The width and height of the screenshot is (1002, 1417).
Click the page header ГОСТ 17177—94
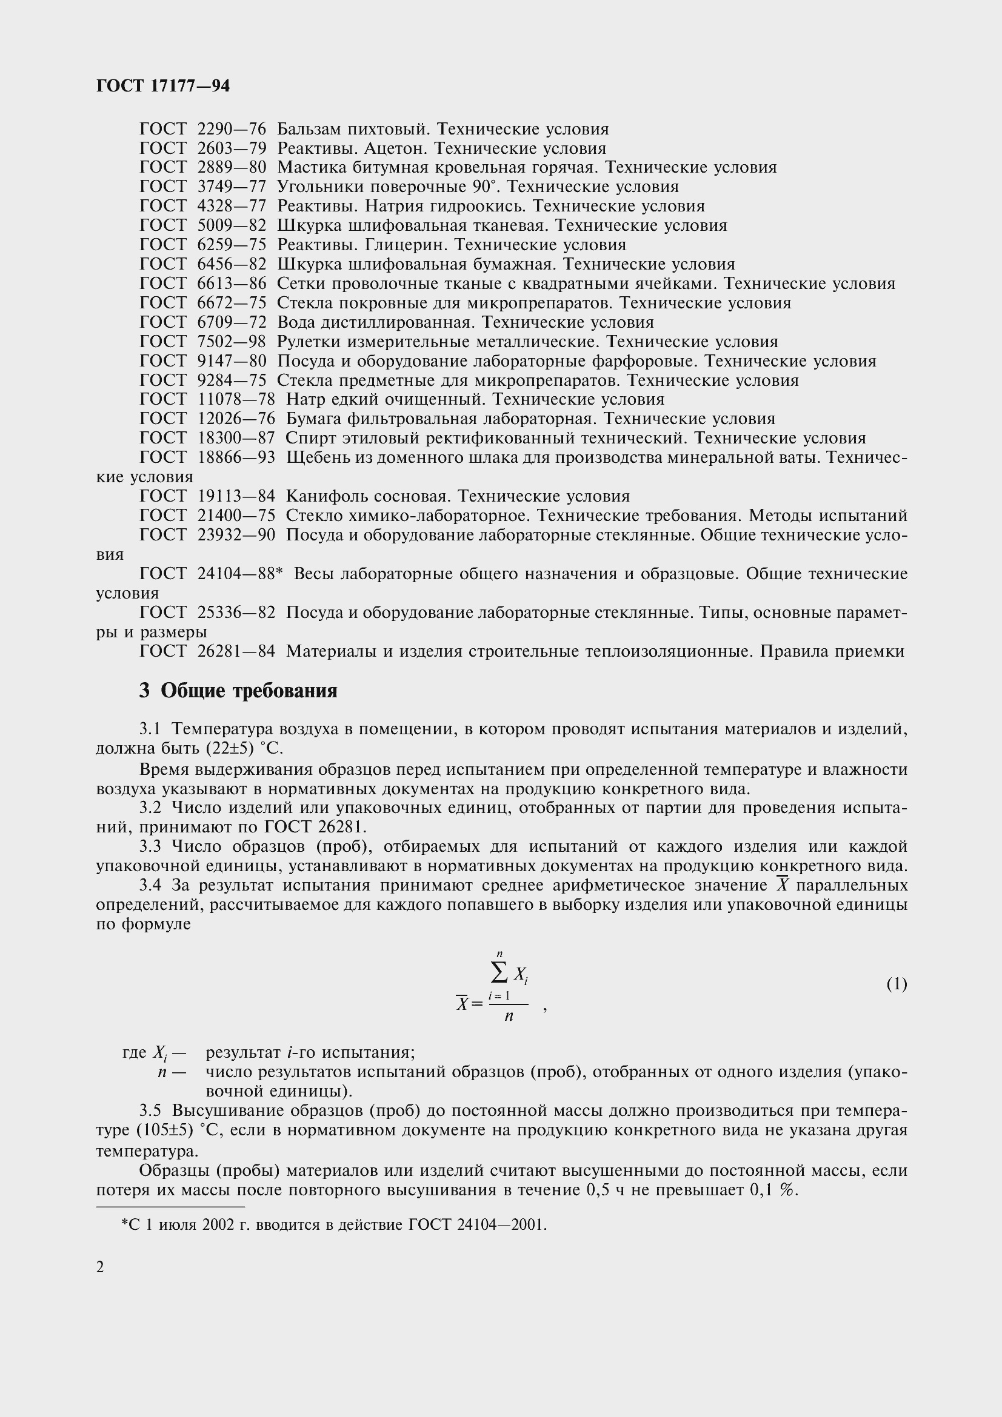(x=163, y=86)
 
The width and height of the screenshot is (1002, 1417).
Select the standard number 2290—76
(x=232, y=129)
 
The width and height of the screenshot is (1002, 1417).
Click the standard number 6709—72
(x=232, y=322)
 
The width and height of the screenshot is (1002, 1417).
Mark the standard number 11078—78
(x=236, y=399)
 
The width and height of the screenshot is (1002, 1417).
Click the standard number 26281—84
(x=236, y=651)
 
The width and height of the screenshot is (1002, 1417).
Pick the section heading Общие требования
(x=249, y=691)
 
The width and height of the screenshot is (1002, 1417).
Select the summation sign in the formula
(x=499, y=973)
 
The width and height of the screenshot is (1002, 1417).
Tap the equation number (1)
(x=897, y=984)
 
